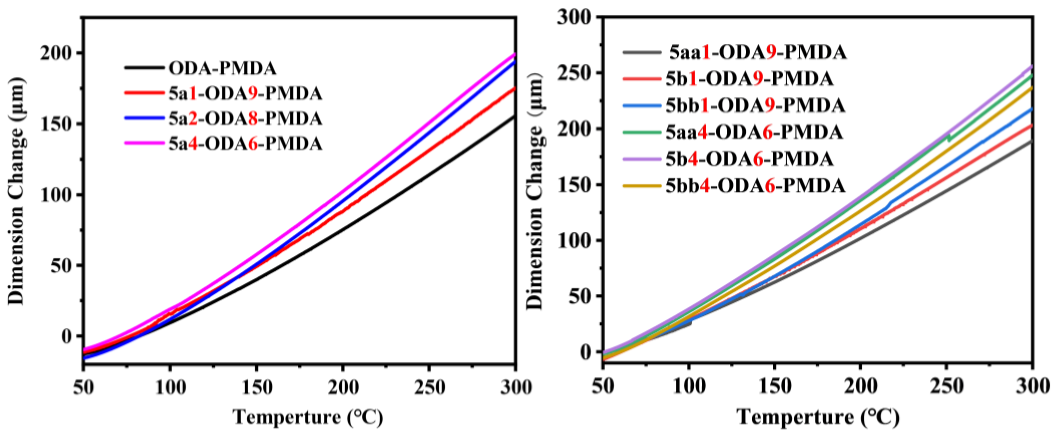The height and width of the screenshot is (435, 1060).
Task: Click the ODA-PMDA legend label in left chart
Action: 222,69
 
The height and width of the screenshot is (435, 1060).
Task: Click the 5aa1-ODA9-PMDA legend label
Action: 757,52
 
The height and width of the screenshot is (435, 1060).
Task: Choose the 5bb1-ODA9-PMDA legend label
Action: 755,105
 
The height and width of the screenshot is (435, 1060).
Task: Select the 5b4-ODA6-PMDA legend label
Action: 749,159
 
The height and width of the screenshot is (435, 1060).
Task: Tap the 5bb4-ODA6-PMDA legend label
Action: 755,186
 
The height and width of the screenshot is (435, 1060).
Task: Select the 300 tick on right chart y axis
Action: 574,18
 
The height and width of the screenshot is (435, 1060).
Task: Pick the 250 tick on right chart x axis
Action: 947,386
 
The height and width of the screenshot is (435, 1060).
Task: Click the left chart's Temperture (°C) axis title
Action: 308,417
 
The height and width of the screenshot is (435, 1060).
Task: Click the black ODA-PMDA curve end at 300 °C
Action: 514,117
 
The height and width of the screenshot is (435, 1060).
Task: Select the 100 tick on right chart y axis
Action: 574,240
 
